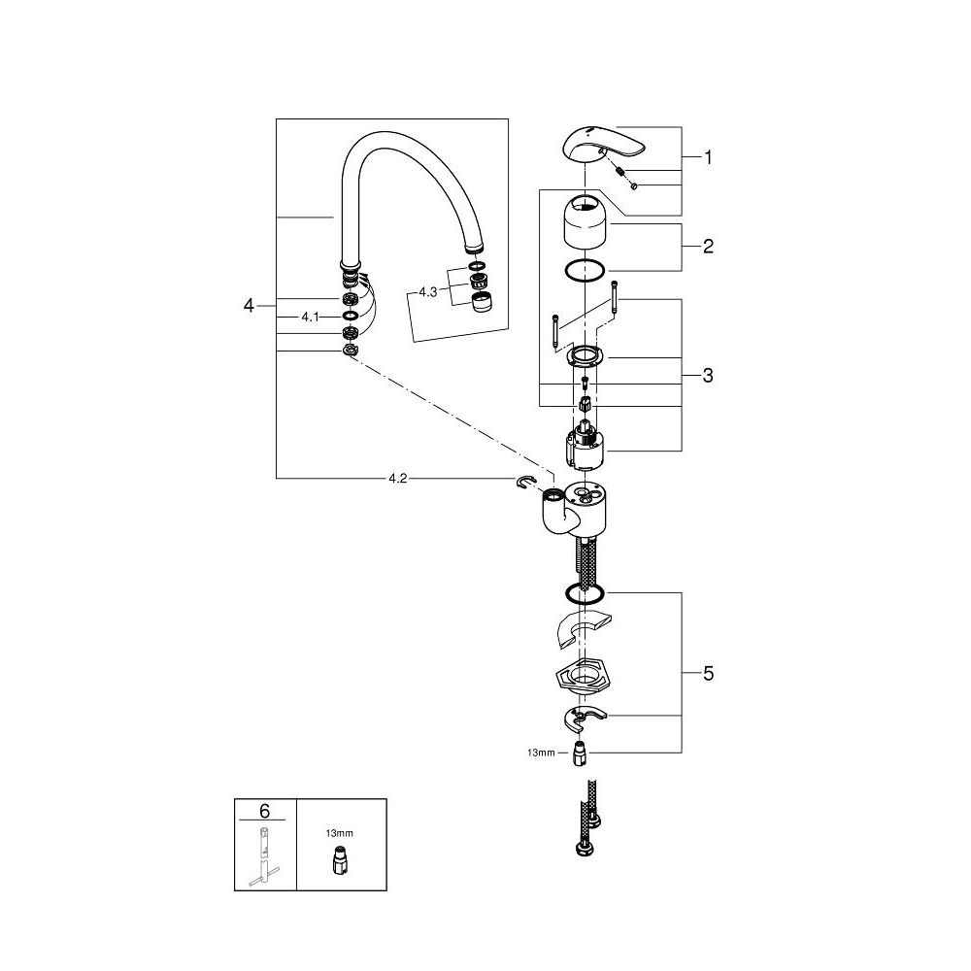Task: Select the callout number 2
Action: [x=708, y=247]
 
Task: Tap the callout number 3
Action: [x=708, y=375]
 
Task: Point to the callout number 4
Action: [x=249, y=306]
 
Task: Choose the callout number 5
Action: [x=708, y=674]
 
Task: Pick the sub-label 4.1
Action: [x=311, y=317]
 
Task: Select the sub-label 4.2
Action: [x=398, y=479]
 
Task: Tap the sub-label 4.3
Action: [x=428, y=291]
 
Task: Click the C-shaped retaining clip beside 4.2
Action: [x=527, y=485]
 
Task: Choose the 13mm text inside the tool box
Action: [x=339, y=832]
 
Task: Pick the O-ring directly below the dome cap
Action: [x=585, y=271]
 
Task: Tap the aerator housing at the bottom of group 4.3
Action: [x=481, y=303]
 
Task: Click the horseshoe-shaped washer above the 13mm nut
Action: [x=586, y=720]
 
